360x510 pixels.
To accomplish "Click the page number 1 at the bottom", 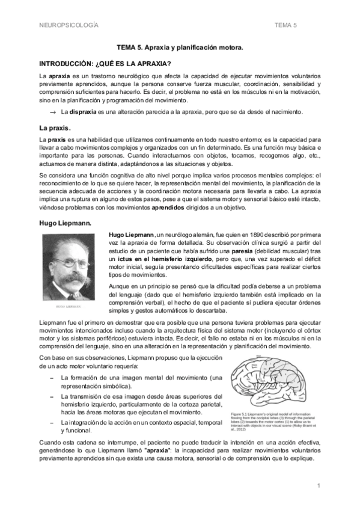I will pyautogui.click(x=319, y=485).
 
